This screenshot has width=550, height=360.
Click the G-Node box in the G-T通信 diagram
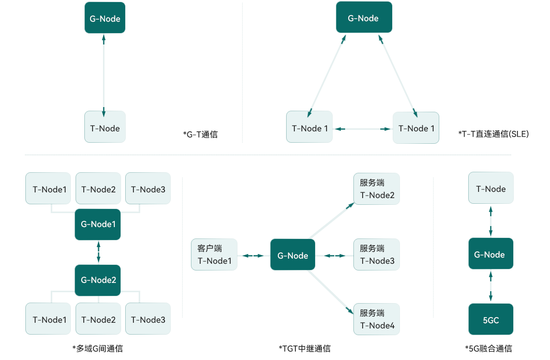click(105, 19)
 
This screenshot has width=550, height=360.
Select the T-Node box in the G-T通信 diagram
click(105, 128)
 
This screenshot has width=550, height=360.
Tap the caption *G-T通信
click(200, 134)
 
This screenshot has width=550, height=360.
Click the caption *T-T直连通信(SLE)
click(493, 134)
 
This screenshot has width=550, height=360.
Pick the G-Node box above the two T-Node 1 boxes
click(364, 18)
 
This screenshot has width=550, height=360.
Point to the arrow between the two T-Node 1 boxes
click(362, 128)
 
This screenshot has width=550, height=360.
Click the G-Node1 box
click(98, 224)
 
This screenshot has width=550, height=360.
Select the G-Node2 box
click(98, 280)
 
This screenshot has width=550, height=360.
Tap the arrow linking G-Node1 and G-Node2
click(98, 252)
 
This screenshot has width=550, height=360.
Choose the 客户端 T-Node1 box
click(214, 254)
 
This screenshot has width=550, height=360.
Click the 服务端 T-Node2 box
click(377, 189)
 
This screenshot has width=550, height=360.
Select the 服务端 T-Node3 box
click(377, 254)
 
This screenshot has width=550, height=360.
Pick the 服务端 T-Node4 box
click(377, 319)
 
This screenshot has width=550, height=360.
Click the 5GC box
click(490, 320)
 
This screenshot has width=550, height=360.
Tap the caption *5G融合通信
click(488, 349)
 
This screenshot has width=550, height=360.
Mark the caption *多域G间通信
click(98, 349)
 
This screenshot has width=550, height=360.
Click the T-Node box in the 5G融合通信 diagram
click(490, 189)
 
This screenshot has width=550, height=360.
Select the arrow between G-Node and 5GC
click(490, 286)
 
